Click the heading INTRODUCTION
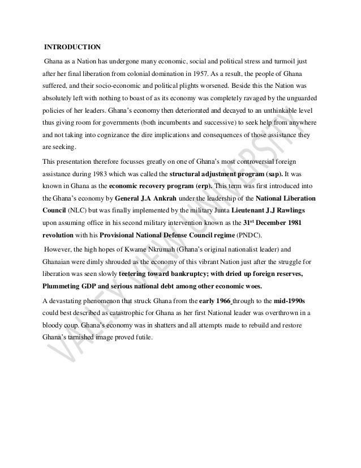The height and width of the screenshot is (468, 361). coord(74,45)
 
